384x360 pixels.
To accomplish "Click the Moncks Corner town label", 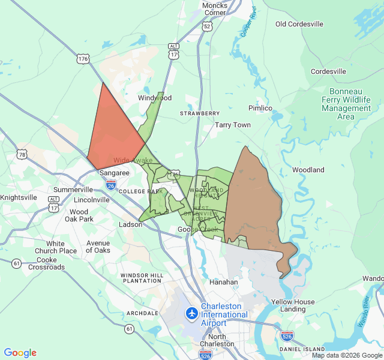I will coord(215,8).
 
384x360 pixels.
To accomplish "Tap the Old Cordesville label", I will coord(299,24).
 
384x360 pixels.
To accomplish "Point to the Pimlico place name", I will coord(260,108).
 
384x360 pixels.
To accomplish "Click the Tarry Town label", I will coord(233,125).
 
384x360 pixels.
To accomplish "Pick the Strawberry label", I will coord(200,113).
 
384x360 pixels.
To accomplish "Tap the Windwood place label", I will coord(155,98).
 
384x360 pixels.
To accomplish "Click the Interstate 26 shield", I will coord(111,185).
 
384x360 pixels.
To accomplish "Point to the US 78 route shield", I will coord(22,155).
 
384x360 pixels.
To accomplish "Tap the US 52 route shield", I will coord(207,26).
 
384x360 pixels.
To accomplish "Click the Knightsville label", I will coord(19,197).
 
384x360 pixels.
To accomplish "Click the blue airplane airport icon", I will coord(192,313).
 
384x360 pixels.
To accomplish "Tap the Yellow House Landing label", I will coord(293,305).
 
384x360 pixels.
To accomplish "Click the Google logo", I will coord(20,353).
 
